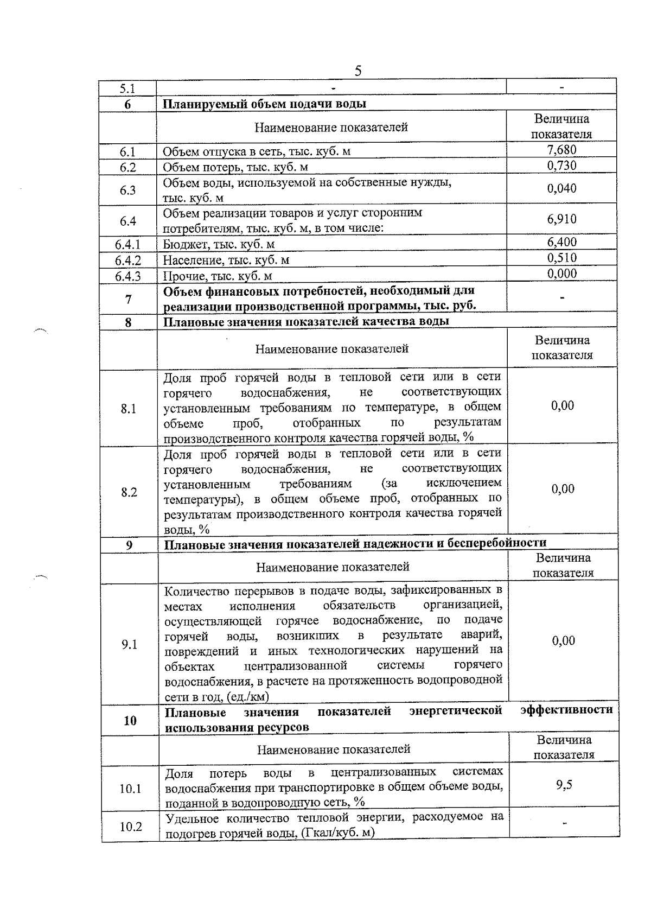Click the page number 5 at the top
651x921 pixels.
[x=358, y=71]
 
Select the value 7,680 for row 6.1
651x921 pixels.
[x=561, y=150]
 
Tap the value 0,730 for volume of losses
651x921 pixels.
[x=561, y=166]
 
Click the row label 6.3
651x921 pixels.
[x=128, y=190]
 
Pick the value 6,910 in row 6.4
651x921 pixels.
[x=561, y=219]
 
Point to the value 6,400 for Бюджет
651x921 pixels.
[x=561, y=242]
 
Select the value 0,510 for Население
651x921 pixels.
[x=561, y=258]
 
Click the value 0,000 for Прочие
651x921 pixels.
[x=561, y=274]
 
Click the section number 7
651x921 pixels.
[x=128, y=298]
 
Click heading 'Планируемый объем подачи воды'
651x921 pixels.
[x=265, y=104]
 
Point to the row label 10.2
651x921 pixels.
[x=131, y=827]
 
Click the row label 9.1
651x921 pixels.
[x=130, y=644]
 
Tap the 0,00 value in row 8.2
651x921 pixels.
[x=563, y=489]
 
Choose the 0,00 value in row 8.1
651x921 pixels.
[x=563, y=406]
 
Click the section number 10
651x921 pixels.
[x=130, y=721]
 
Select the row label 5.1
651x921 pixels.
[x=127, y=88]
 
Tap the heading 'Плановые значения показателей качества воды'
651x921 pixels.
[x=307, y=321]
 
